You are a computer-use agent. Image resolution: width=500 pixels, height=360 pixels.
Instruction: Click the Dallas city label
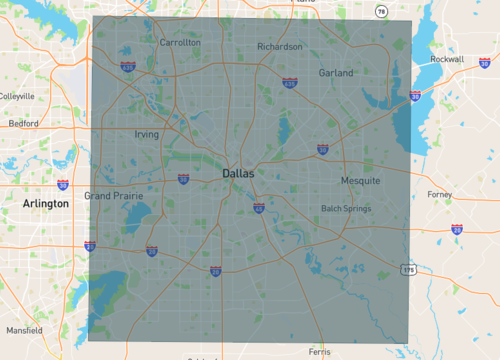tap(238, 174)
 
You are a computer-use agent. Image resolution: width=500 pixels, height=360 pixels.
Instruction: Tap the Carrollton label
tap(180, 43)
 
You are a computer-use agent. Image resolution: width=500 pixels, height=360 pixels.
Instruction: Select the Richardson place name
tap(279, 47)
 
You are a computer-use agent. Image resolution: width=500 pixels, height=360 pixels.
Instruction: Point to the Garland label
tap(336, 73)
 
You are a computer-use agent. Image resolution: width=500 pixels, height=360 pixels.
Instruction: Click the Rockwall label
tap(447, 59)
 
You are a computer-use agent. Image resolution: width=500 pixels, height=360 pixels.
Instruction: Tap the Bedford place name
tap(23, 124)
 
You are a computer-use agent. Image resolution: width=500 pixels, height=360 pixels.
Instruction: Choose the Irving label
tap(146, 134)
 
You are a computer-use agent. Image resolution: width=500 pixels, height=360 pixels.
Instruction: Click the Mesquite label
tap(360, 181)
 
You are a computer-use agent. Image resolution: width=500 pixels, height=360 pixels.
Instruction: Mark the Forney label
tap(439, 194)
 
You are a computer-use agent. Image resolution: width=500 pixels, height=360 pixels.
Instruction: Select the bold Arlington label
tap(46, 203)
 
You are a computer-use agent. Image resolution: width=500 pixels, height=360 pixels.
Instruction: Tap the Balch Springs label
tap(345, 209)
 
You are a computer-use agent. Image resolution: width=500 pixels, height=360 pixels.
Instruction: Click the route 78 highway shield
tap(381, 11)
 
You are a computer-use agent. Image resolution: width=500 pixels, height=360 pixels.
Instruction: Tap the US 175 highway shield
tap(408, 270)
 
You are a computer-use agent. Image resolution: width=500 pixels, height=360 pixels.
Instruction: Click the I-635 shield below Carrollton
tap(129, 67)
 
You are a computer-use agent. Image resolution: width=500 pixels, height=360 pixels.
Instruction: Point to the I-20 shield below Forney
tap(456, 229)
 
